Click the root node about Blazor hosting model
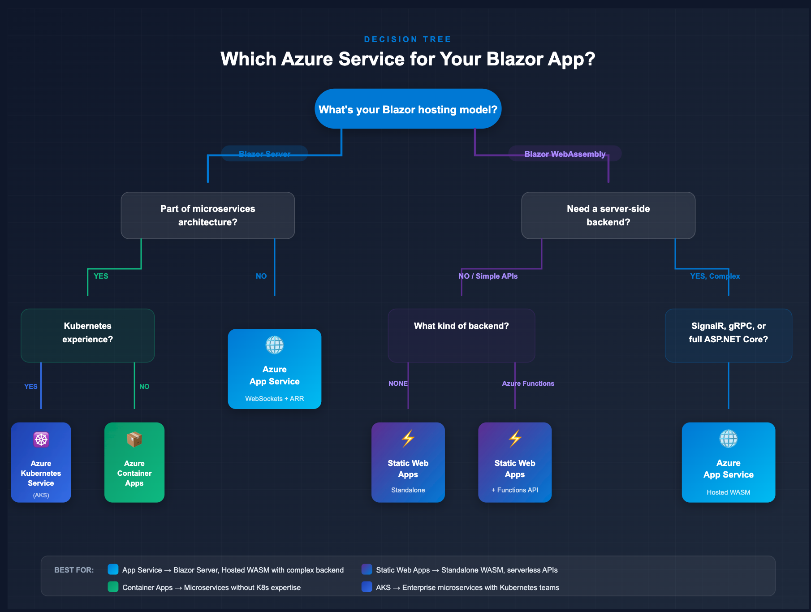408,109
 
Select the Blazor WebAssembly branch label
565,154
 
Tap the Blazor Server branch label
264,154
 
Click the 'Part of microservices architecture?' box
207,215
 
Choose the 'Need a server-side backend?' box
608,215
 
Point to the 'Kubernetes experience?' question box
87,333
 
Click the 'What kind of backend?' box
461,333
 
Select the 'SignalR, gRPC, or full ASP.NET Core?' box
728,333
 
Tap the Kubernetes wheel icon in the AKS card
41,440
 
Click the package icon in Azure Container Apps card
134,440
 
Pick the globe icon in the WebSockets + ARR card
274,345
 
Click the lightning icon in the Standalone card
408,439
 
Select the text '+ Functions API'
515,490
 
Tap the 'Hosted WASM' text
728,492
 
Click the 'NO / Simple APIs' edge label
488,276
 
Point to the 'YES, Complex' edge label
715,276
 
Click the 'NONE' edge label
398,384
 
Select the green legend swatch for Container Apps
113,587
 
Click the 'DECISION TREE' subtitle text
407,39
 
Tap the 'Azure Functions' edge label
528,384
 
